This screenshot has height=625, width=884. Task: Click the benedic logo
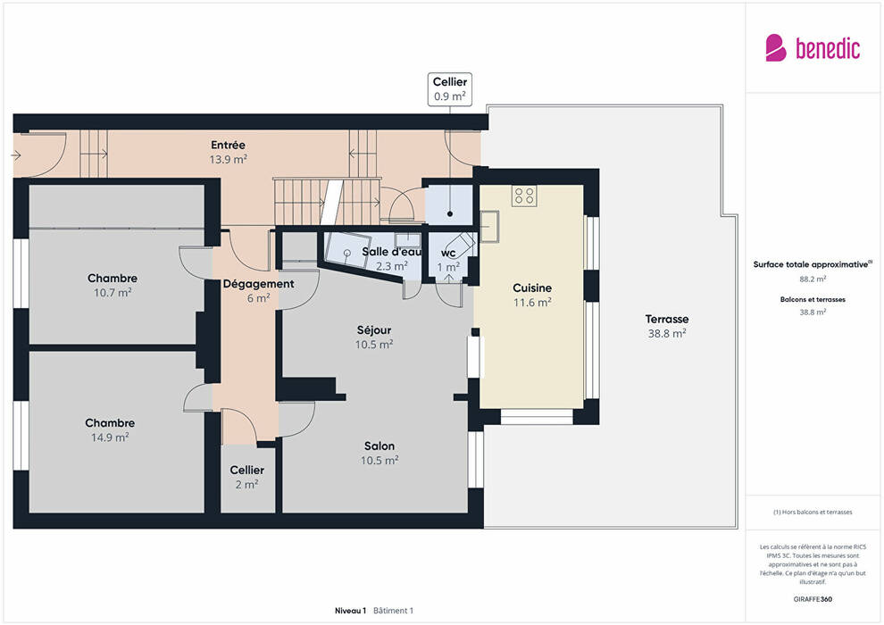click(x=813, y=48)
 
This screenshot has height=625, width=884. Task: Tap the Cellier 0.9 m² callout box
click(x=449, y=89)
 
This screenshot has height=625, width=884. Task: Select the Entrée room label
click(x=228, y=146)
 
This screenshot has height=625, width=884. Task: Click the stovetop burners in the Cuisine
click(x=524, y=196)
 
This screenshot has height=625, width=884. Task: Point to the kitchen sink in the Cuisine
click(x=488, y=226)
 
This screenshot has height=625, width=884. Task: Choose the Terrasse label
click(x=667, y=319)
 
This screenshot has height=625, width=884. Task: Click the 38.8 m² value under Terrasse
click(x=667, y=334)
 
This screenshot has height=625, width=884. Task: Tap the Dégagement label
click(x=258, y=284)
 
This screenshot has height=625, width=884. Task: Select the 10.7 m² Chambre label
click(x=113, y=279)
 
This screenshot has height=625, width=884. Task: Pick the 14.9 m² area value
click(x=110, y=437)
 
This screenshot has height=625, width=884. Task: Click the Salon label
click(x=379, y=446)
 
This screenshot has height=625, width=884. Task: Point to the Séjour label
click(x=374, y=330)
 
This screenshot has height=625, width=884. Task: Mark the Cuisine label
click(x=532, y=288)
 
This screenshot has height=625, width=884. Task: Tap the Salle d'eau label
click(x=391, y=252)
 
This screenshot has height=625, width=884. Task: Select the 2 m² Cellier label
click(x=247, y=470)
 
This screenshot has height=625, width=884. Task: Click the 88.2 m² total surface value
click(x=813, y=279)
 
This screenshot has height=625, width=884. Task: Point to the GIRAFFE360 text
click(x=813, y=599)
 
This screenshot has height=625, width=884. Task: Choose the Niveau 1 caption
click(x=350, y=611)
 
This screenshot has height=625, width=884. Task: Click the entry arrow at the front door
click(x=16, y=155)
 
